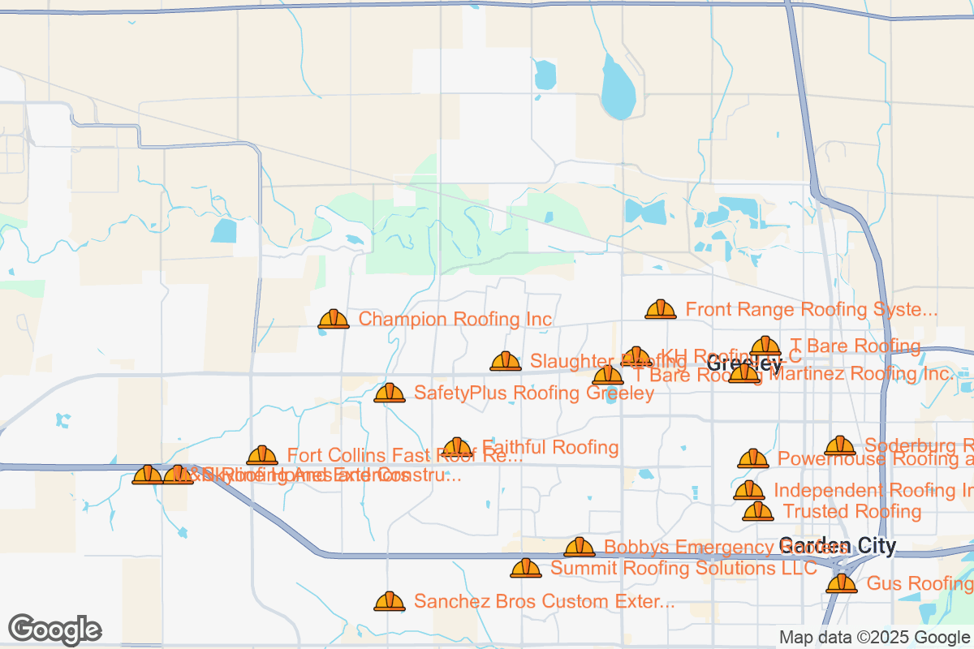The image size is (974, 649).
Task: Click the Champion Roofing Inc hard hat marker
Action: click(334, 320)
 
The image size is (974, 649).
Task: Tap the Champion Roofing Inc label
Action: click(455, 320)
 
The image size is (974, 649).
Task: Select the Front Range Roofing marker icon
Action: click(661, 309)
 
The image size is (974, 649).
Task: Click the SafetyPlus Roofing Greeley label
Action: click(533, 393)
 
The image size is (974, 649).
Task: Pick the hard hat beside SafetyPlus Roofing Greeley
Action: click(390, 393)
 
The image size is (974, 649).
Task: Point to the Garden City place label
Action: click(837, 546)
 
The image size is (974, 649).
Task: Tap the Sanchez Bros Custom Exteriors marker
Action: click(390, 601)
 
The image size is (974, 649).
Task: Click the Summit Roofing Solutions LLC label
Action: click(683, 569)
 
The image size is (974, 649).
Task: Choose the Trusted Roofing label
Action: click(851, 512)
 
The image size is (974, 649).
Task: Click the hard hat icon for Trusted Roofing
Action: click(758, 511)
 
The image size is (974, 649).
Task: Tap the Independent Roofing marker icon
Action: click(749, 490)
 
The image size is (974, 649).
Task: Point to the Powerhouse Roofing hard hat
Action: click(753, 458)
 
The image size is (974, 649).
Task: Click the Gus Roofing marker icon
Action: click(842, 583)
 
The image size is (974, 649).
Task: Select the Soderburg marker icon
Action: click(840, 445)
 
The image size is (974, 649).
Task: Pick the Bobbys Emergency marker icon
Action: click(580, 548)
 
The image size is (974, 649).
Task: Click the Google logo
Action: click(55, 629)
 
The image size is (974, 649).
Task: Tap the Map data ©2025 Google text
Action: click(874, 638)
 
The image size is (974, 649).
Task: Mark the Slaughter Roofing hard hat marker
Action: click(506, 361)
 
